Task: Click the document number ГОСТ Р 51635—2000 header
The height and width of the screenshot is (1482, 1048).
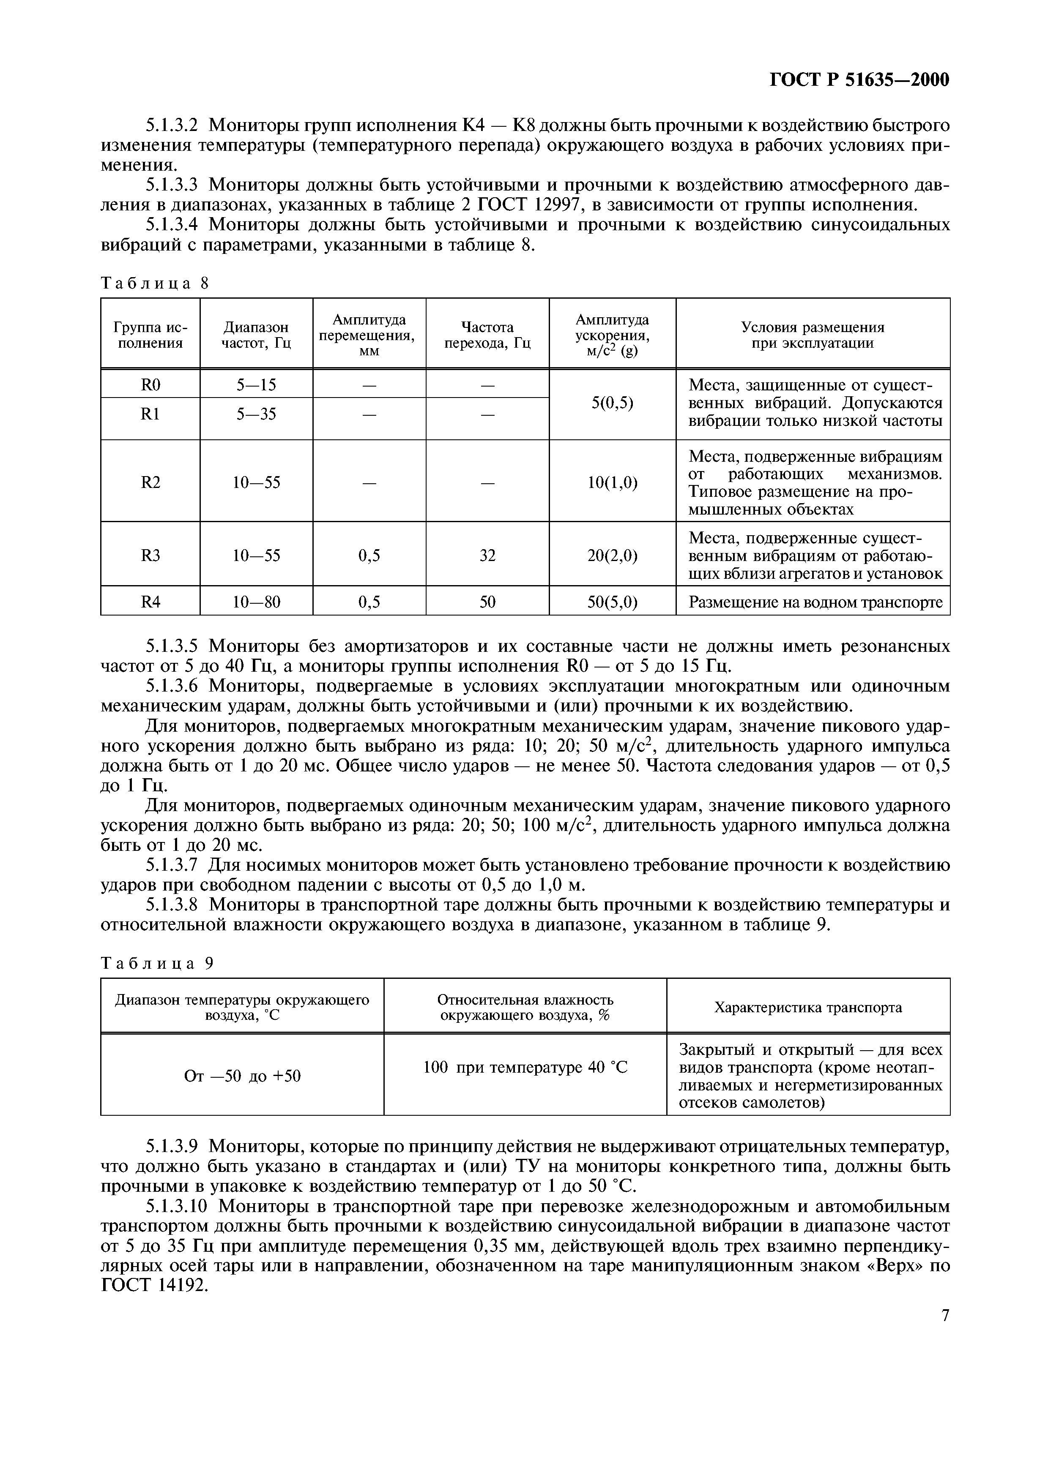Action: (x=860, y=80)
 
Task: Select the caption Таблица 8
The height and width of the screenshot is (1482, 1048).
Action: (x=155, y=283)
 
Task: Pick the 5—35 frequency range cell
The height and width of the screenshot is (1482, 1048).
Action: (x=256, y=414)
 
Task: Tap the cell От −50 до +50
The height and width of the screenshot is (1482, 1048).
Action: (x=242, y=1076)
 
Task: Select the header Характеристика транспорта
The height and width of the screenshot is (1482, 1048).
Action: (x=808, y=1008)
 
